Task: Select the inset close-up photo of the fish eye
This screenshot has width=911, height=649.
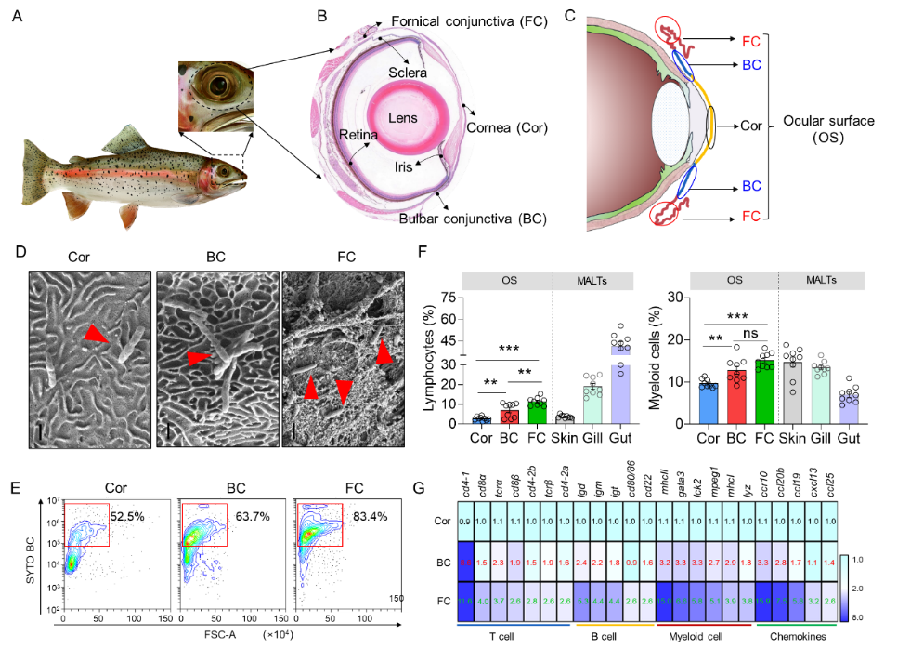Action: (x=215, y=96)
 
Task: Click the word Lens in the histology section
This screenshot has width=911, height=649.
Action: (x=403, y=118)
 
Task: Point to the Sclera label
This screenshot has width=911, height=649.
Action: (x=409, y=73)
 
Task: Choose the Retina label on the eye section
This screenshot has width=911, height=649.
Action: (x=358, y=136)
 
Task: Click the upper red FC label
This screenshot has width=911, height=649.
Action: (x=751, y=41)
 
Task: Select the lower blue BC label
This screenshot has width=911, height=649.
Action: (x=751, y=186)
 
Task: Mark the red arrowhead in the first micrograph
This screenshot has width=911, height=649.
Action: (x=95, y=335)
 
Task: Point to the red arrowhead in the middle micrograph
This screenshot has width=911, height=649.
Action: (x=197, y=358)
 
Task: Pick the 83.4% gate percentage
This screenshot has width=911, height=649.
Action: (x=370, y=516)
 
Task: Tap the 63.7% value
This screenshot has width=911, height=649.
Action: (x=251, y=516)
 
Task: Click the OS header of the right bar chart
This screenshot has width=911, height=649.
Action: (x=734, y=280)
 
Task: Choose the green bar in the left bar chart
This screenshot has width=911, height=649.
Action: (x=537, y=413)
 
